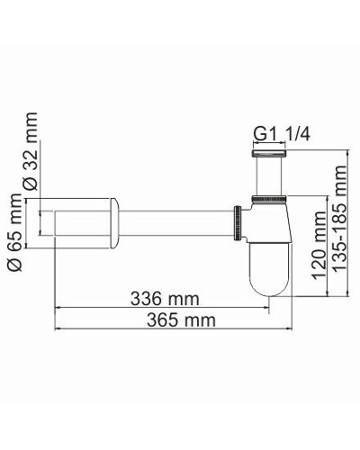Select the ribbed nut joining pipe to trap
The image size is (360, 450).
click(x=238, y=221)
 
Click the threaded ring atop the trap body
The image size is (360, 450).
click(x=268, y=196)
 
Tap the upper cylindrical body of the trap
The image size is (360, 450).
click(x=268, y=220)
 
